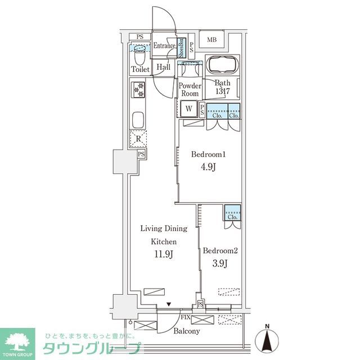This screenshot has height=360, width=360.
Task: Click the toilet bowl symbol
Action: [x=139, y=55]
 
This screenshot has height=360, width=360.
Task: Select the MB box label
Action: [x=211, y=39]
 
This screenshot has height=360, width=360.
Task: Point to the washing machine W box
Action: [x=189, y=109]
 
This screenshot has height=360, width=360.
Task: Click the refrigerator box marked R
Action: [x=138, y=138]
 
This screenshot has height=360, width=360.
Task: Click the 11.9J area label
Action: [x=163, y=254]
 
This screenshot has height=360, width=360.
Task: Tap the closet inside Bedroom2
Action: [x=232, y=214]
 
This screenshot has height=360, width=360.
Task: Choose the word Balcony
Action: [x=186, y=331]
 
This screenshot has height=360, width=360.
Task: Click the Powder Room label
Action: [x=190, y=89]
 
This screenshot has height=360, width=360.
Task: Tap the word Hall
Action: [x=164, y=67]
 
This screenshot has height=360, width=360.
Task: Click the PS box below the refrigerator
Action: [x=142, y=154]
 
